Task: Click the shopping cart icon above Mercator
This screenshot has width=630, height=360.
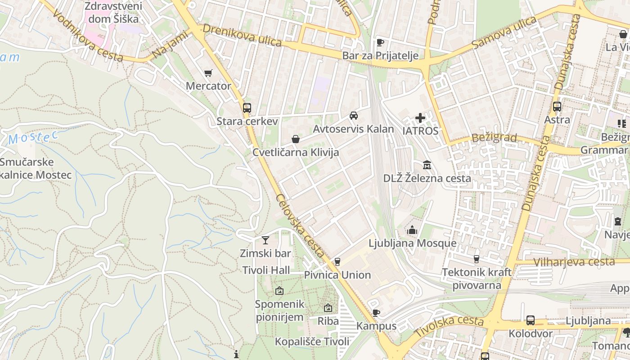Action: [x=208, y=73]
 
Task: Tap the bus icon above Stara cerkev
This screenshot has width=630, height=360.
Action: [x=247, y=108]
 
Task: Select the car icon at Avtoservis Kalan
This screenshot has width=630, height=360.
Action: [x=354, y=116]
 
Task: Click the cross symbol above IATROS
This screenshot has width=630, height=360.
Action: [x=420, y=118]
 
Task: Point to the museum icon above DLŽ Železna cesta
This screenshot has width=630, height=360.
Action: [x=427, y=165]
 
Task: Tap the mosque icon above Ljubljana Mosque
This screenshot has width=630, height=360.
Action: [x=412, y=230]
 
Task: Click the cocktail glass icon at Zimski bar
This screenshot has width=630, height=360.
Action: [x=265, y=240]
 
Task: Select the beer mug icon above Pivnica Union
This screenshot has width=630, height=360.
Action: [x=337, y=262]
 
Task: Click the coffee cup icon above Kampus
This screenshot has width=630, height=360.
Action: [x=376, y=313]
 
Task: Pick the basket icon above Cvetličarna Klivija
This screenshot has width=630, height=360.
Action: [x=296, y=139]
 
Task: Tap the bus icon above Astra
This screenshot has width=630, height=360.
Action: [x=557, y=107]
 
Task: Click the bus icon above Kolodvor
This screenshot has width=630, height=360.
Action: [x=531, y=320]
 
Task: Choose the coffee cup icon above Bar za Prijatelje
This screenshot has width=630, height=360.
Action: [x=380, y=42]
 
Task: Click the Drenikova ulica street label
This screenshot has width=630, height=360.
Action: [x=242, y=35]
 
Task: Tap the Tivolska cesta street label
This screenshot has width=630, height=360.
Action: [x=449, y=326]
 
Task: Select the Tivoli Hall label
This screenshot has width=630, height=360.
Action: [x=266, y=270]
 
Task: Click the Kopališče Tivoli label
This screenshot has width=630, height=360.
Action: [x=312, y=342]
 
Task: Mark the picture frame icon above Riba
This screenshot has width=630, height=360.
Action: [x=328, y=308]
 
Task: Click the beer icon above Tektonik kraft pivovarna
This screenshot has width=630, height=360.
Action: [x=476, y=259]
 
